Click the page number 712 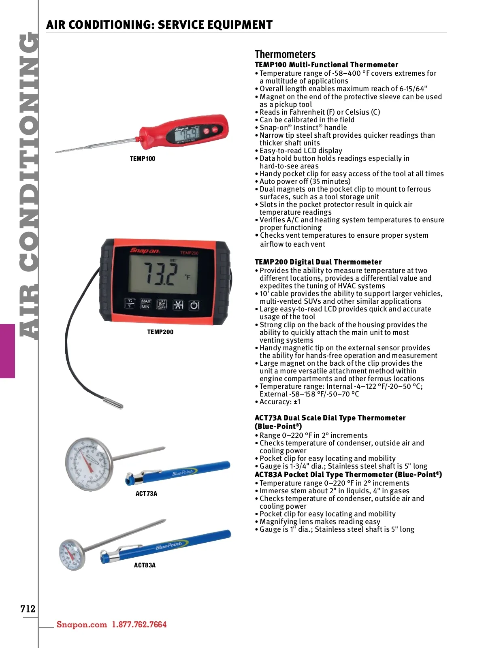click(28, 608)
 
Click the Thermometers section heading click(285, 54)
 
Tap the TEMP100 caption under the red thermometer click(143, 159)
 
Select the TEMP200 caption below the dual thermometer click(160, 332)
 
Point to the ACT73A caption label click(146, 494)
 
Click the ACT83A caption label click(145, 565)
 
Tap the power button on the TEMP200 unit click(194, 305)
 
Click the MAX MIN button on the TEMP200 click(146, 304)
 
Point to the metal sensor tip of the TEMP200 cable click(113, 403)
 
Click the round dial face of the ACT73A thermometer click(89, 463)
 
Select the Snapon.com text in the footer click(82, 625)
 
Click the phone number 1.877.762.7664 click(139, 625)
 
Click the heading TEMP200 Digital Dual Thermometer click(318, 262)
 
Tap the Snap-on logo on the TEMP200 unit click(145, 251)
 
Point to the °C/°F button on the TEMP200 click(130, 304)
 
